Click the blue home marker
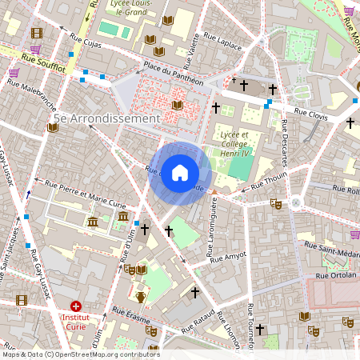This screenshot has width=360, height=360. [x=180, y=173]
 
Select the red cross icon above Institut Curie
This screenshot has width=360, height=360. [x=76, y=306]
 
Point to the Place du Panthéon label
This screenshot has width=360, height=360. [x=173, y=74]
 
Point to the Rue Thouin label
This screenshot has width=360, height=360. [x=269, y=186]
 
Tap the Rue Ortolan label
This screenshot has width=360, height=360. [x=336, y=275]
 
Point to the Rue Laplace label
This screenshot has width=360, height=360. [x=222, y=41]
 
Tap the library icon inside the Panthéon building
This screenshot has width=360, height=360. [x=177, y=105]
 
